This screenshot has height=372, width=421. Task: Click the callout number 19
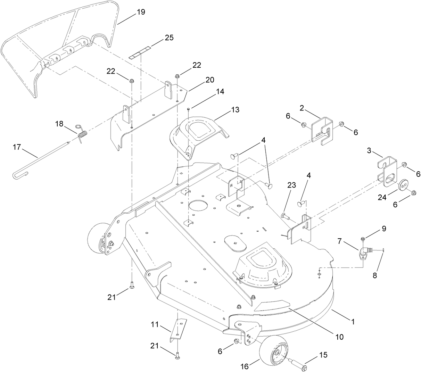click(141, 12)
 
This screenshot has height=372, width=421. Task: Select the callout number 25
click(169, 38)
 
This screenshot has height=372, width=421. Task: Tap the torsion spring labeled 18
click(82, 133)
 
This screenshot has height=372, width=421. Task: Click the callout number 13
click(235, 110)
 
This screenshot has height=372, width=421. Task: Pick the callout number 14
click(220, 92)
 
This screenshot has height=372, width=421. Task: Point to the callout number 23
click(291, 185)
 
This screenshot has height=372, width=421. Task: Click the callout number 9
click(384, 229)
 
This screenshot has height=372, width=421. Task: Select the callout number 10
click(339, 337)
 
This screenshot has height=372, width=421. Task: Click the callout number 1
click(353, 322)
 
